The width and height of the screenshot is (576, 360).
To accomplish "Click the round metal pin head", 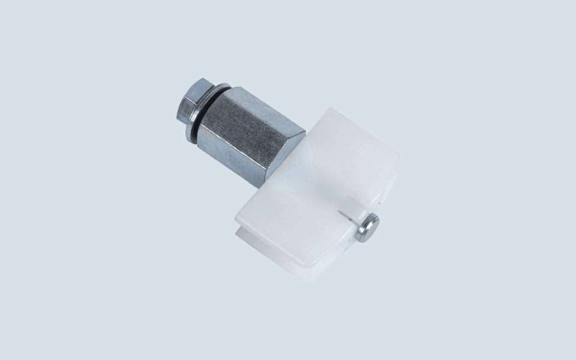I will pyautogui.click(x=367, y=228).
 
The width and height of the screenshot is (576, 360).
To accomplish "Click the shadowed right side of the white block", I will pyautogui.click(x=384, y=192).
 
